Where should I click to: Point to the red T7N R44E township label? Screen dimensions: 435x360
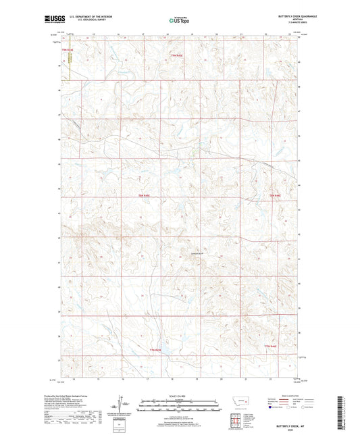coord(271,347)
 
